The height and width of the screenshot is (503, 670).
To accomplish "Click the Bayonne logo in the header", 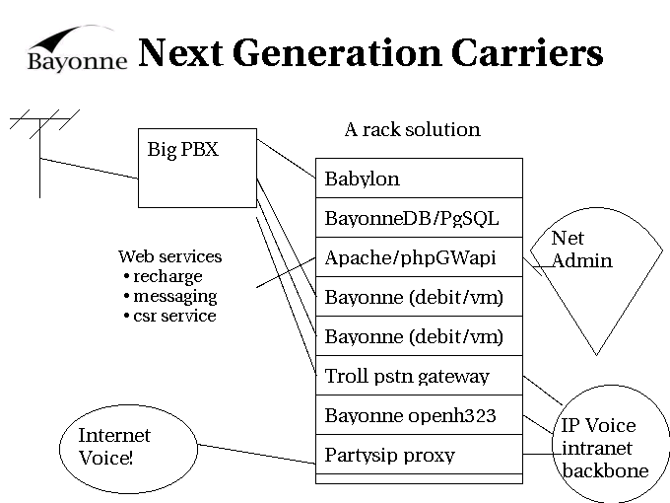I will coord(77,49).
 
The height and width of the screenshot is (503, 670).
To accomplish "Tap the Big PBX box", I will coord(196,168).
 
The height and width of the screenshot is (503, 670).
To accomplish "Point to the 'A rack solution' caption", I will coord(412,129).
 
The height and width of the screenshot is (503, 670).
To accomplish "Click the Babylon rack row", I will coord(418,179).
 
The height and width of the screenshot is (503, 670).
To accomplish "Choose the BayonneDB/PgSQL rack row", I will coord(418,218).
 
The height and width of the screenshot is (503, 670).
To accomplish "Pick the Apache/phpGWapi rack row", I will coord(418,257).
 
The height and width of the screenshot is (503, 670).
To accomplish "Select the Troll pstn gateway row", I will coord(418,376).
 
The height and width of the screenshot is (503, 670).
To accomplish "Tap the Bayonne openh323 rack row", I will coord(418,415).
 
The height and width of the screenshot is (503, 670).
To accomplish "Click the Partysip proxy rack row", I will coord(418,455).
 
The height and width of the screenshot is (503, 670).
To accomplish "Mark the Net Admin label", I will coord(581,250).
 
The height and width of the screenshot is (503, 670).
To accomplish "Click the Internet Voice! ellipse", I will coord(114,446).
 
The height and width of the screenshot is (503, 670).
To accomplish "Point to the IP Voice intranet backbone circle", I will coord(603,446).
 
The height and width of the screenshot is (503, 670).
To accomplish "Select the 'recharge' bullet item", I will coord(167,276).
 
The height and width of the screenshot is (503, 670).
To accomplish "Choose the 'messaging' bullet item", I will coord(174,296).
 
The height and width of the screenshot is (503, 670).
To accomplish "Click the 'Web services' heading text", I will coord(169,256).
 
